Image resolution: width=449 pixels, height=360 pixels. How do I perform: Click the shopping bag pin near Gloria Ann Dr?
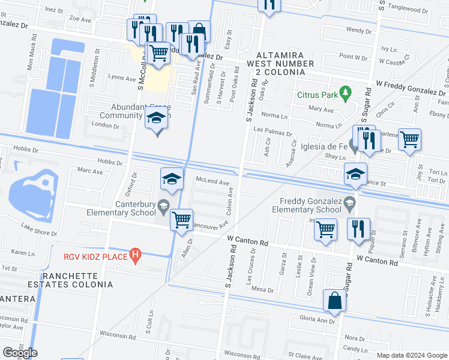click(x=334, y=300)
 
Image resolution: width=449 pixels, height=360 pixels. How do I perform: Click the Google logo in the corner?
click(x=20, y=353)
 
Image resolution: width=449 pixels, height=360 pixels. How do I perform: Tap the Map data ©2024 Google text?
click(x=412, y=355)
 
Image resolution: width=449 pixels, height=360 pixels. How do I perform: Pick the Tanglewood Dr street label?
click(x=411, y=9)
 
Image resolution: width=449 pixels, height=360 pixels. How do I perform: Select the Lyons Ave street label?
click(x=121, y=78)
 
